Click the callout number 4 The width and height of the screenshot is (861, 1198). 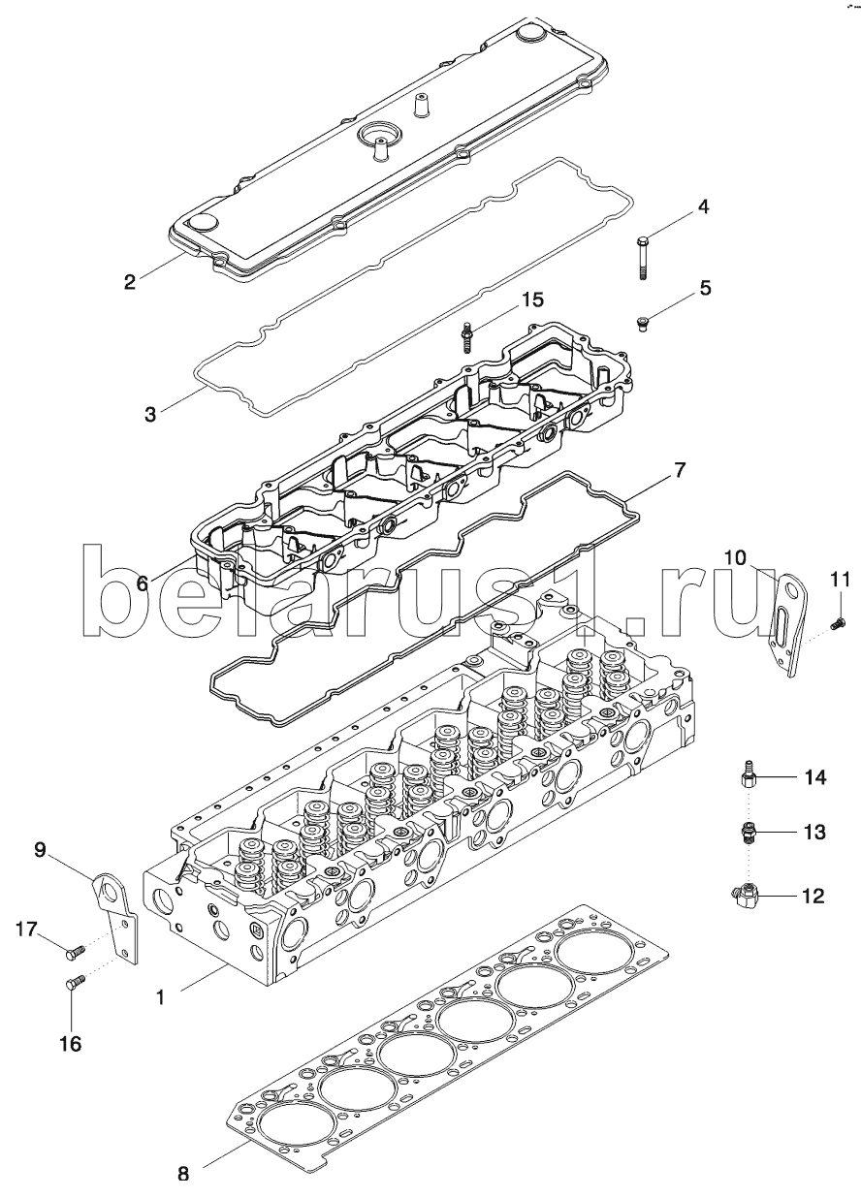click(704, 206)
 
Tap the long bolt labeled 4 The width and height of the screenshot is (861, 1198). click(642, 259)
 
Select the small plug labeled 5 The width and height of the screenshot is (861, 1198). click(642, 324)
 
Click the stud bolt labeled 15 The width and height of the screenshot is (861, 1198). click(466, 337)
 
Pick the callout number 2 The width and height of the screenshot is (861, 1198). click(130, 281)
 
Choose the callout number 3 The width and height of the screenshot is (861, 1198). click(150, 414)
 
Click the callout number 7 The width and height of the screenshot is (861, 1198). click(678, 470)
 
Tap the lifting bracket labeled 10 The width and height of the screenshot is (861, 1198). click(788, 624)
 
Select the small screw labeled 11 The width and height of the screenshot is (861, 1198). click(838, 622)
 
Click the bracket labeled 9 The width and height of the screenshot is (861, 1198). click(116, 916)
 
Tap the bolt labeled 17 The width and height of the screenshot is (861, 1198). click(74, 951)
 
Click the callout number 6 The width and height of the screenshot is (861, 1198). click(142, 583)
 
